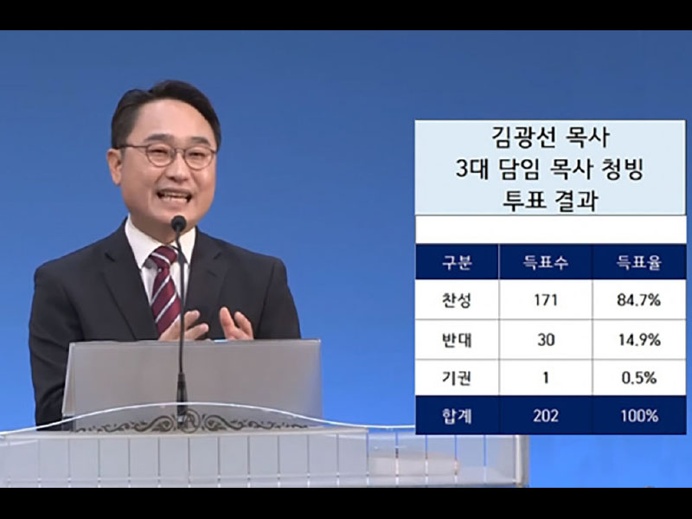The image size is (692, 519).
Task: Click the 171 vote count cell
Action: (x=546, y=299)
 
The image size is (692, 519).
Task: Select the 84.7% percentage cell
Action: (x=638, y=299)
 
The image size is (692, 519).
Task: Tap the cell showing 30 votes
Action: (x=546, y=339)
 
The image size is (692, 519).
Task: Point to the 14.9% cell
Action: (x=638, y=339)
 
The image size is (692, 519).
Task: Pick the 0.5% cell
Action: (x=638, y=378)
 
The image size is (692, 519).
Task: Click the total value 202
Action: (x=546, y=416)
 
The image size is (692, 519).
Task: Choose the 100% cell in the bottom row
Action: (x=638, y=415)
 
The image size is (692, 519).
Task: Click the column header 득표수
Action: (x=546, y=263)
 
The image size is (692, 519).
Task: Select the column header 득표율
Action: (x=638, y=263)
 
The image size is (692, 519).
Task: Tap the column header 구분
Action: (x=457, y=263)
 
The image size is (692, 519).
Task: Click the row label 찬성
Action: (x=457, y=300)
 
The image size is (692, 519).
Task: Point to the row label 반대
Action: (x=457, y=339)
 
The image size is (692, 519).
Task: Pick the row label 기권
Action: (x=457, y=378)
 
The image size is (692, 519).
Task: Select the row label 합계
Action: (x=457, y=416)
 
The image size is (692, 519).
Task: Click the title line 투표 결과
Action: (x=550, y=201)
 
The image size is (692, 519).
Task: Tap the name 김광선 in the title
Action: (x=517, y=138)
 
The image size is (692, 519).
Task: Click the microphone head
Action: (x=179, y=223)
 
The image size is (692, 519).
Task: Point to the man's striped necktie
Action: (x=165, y=288)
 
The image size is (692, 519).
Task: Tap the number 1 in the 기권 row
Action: (x=546, y=378)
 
